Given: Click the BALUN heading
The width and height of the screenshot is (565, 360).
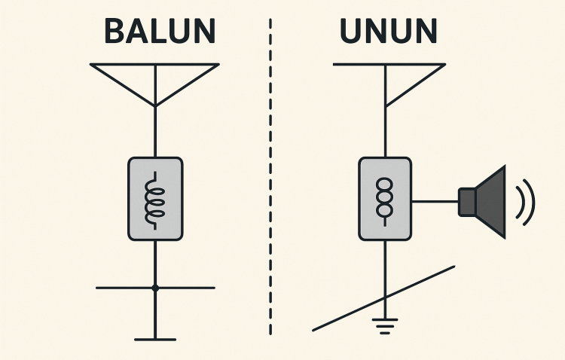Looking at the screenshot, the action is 160,31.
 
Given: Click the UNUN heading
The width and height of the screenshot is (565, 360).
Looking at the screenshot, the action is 389,31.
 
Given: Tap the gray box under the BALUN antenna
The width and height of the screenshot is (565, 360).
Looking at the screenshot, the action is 155,199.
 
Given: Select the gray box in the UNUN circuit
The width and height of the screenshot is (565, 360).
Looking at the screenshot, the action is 385,199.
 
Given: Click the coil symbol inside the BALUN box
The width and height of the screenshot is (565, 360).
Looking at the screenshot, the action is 155,200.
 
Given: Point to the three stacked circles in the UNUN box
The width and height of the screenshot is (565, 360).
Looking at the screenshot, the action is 385,197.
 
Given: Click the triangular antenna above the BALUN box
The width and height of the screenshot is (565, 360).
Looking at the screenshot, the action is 155,85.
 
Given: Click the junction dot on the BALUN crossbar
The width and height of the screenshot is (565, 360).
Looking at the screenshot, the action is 155,288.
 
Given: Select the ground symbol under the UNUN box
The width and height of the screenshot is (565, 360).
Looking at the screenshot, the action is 385,326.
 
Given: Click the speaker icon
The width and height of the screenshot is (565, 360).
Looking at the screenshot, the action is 482,202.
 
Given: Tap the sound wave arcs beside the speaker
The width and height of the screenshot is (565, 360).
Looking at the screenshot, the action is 525,202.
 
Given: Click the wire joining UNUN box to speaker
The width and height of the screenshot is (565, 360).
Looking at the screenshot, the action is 435,201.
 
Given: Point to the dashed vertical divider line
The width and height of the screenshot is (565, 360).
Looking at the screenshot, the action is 270,176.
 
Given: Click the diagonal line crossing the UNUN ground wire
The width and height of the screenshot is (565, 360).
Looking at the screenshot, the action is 383,298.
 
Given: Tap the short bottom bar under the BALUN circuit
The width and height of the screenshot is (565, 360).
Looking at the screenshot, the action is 155,340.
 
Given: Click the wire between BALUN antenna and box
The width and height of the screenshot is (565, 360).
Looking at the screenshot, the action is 155,132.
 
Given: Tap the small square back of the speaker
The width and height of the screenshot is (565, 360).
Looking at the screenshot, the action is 467,202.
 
